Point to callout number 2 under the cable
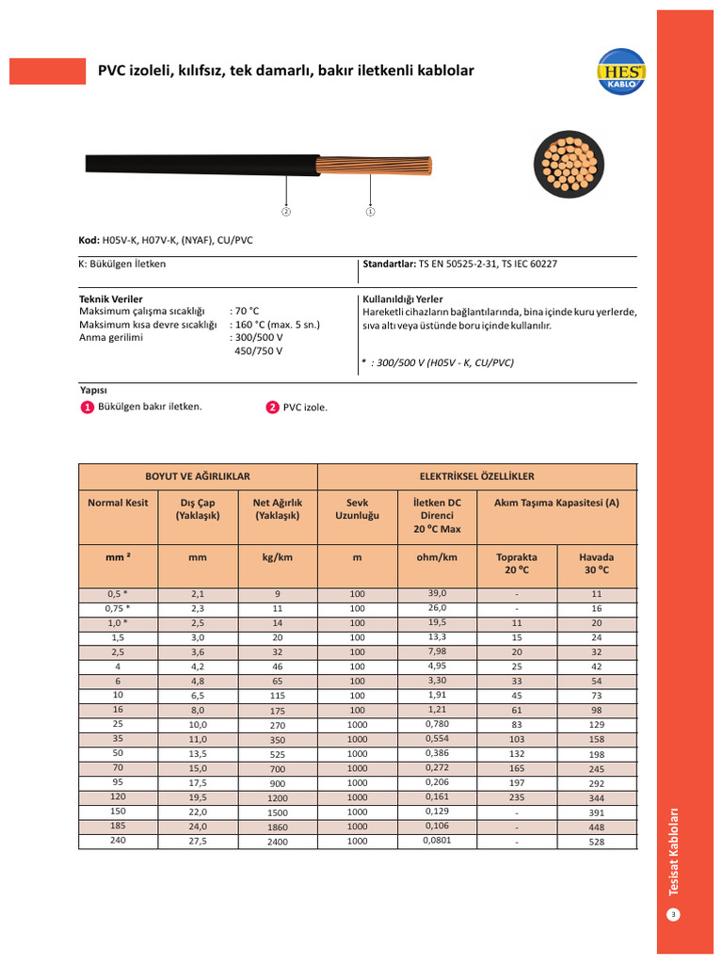click(286, 211)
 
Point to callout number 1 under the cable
click(370, 211)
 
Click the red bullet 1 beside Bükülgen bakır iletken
click(87, 408)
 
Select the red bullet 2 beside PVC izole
click(272, 408)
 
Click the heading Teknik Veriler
click(111, 298)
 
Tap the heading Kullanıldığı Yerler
click(402, 298)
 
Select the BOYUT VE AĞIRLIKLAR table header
click(198, 476)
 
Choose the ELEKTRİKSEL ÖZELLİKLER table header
click(476, 476)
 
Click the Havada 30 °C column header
click(596, 563)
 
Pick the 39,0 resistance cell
click(437, 593)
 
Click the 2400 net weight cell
click(278, 842)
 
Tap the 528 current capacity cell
click(596, 842)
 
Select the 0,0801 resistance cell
click(437, 840)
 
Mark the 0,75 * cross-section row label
click(119, 608)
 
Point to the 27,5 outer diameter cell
click(198, 841)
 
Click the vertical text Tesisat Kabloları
click(673, 851)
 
